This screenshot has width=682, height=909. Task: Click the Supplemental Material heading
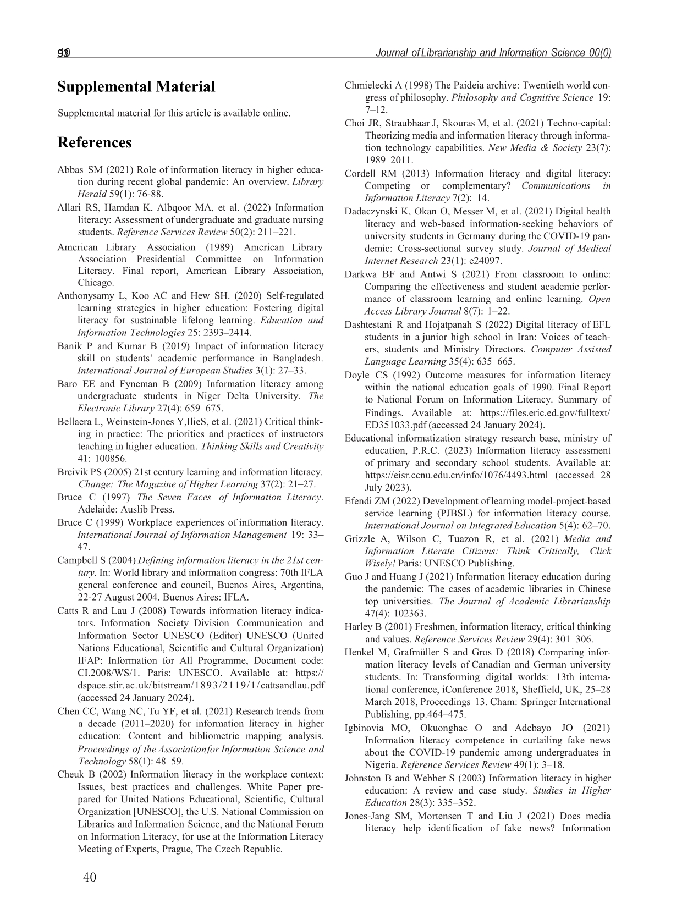click(x=136, y=87)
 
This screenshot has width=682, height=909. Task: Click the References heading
click(x=95, y=143)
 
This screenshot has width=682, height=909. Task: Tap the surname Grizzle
click(x=360, y=539)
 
